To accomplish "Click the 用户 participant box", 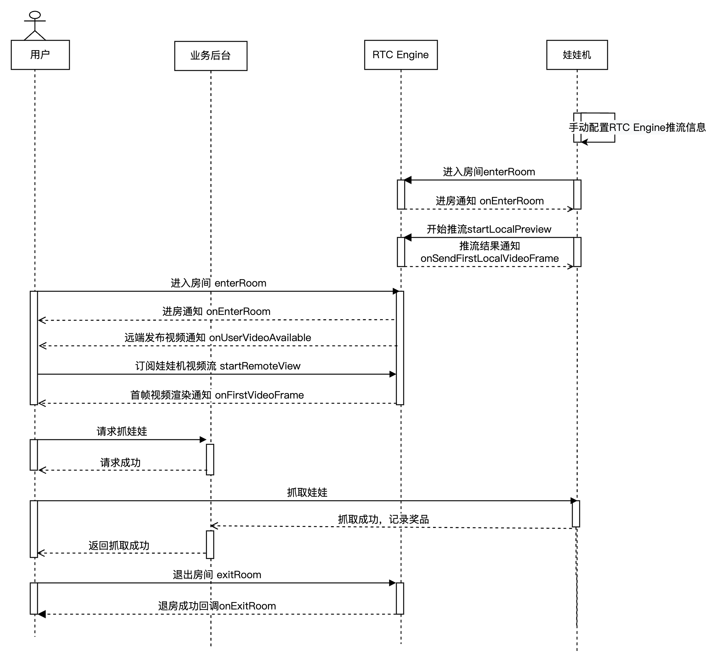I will pos(40,55).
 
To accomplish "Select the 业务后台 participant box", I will pos(211,56).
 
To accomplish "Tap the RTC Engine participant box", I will pos(401,55).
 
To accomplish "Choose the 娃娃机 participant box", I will pos(577,55).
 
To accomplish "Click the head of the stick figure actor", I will pos(35,15).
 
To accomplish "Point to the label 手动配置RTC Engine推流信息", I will pos(637,128).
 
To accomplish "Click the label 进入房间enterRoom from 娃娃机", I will pos(489,172).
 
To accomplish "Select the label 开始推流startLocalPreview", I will pos(489,229).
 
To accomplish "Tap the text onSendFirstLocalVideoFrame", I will pos(489,259).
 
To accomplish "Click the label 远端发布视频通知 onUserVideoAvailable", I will pos(218,338).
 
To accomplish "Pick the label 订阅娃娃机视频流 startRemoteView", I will pos(218,366).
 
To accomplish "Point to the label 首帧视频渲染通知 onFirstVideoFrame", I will pos(217,395).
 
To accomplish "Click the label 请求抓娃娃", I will pos(122,432).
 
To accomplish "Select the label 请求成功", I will pos(120,463).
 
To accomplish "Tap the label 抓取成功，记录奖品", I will pos(383,520).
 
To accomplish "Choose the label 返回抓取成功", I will pos(119,546).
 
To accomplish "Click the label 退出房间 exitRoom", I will pos(217,575).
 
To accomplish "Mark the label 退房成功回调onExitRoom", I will pos(217,606).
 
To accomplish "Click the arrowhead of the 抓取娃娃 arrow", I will pos(574,501).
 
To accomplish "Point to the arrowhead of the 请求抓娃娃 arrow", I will pos(203,440).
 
